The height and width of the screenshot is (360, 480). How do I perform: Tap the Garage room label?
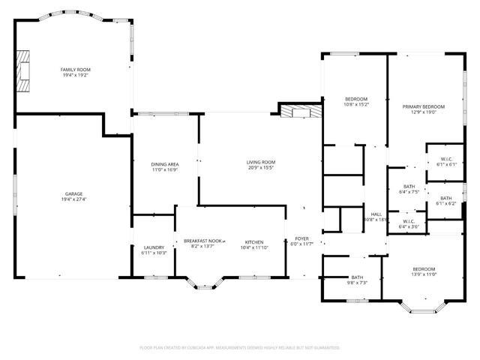pyautogui.click(x=73, y=196)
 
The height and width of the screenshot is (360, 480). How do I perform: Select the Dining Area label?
pyautogui.click(x=165, y=166)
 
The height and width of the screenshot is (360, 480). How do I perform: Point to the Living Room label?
pyautogui.click(x=261, y=165)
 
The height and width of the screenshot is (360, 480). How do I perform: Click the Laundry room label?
pyautogui.click(x=154, y=250)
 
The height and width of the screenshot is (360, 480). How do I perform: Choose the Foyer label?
pyautogui.click(x=301, y=241)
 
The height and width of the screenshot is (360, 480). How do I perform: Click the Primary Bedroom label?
pyautogui.click(x=423, y=109)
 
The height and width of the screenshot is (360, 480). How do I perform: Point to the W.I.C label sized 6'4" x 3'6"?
pyautogui.click(x=409, y=223)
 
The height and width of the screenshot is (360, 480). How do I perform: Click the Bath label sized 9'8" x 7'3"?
pyautogui.click(x=357, y=280)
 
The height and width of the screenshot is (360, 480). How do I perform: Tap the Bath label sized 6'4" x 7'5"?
pyautogui.click(x=409, y=189)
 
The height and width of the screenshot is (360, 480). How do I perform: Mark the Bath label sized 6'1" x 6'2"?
pyautogui.click(x=445, y=200)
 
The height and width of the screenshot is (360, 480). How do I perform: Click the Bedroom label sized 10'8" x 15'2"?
pyautogui.click(x=356, y=102)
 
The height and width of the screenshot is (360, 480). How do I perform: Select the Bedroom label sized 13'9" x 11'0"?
pyautogui.click(x=424, y=271)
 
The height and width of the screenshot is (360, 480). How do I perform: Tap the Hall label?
pyautogui.click(x=374, y=217)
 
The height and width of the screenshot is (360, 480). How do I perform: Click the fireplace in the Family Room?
pyautogui.click(x=25, y=71)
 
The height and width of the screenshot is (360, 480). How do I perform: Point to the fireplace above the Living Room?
pyautogui.click(x=300, y=112)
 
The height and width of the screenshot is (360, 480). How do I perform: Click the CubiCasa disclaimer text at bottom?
pyautogui.click(x=240, y=348)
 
